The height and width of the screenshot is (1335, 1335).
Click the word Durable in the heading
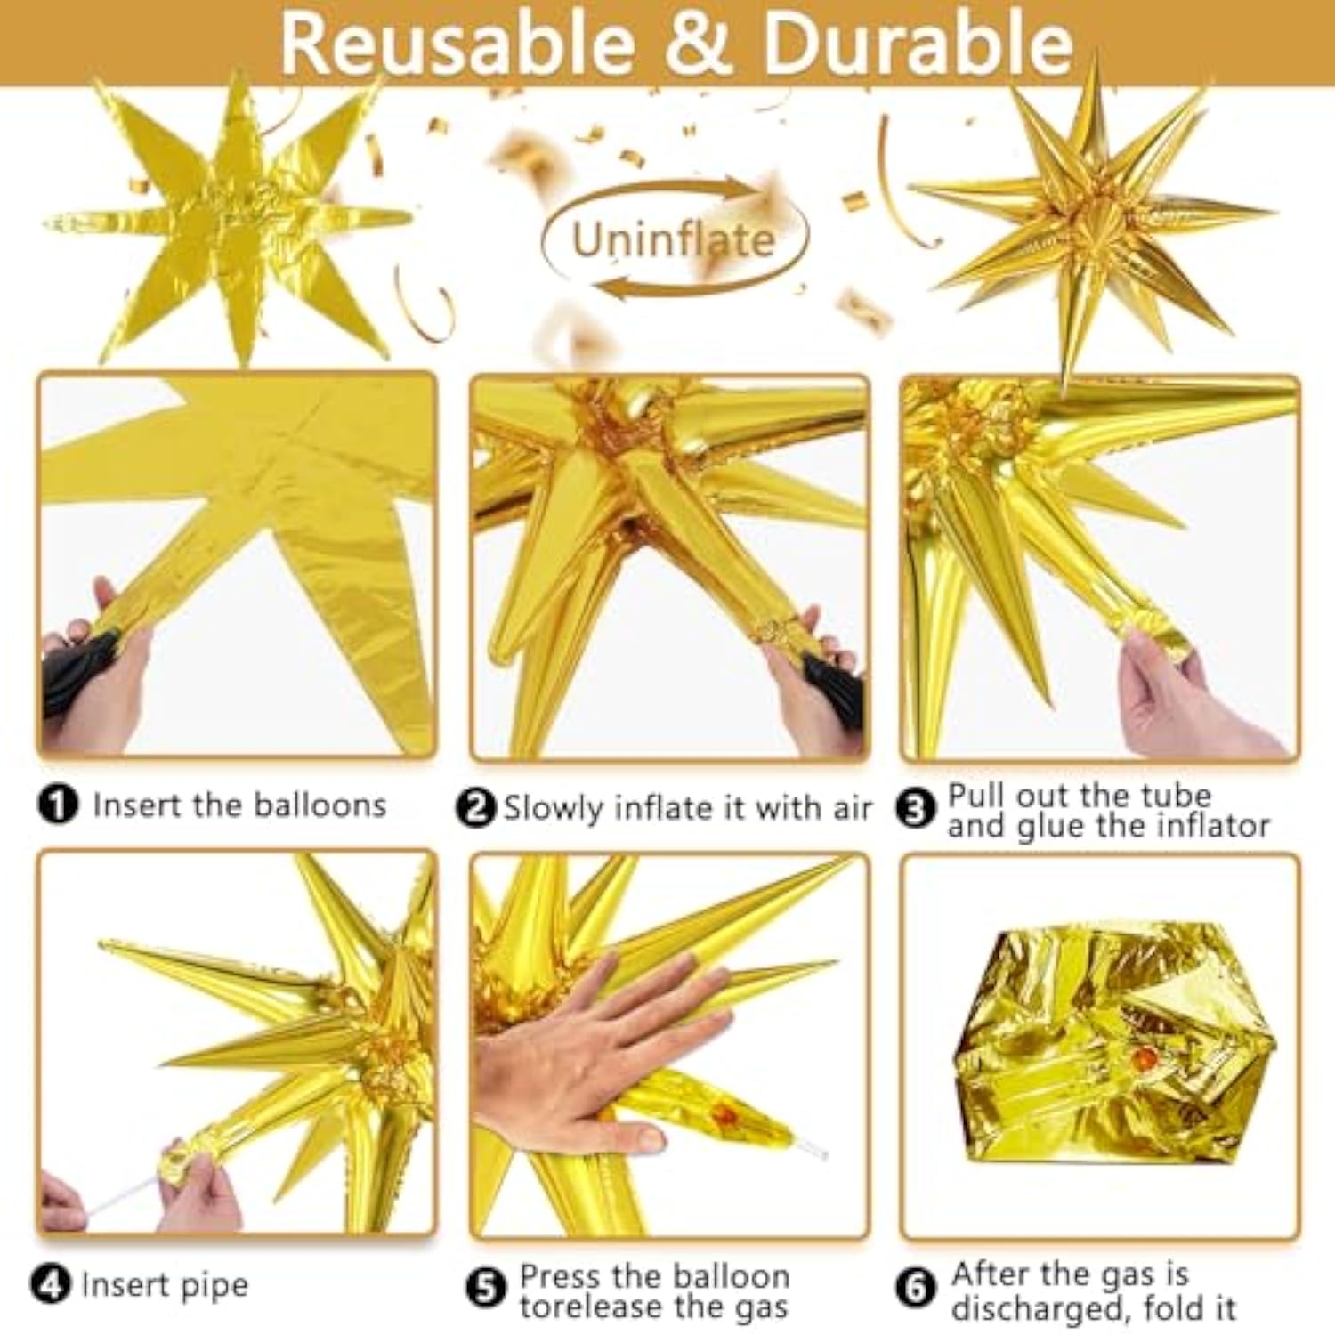[x=918, y=44]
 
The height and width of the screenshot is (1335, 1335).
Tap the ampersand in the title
[x=700, y=44]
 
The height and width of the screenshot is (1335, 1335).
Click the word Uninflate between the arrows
[x=673, y=239]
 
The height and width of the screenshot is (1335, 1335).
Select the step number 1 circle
[x=58, y=805]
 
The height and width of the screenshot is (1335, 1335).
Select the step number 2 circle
[x=476, y=808]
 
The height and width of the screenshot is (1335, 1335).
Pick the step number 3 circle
[x=916, y=808]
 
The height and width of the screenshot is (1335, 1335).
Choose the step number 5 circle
[x=486, y=1290]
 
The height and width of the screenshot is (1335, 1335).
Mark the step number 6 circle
[x=916, y=1288]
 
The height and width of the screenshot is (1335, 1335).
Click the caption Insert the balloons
[x=240, y=805]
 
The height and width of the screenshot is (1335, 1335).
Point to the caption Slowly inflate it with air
[x=687, y=808]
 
